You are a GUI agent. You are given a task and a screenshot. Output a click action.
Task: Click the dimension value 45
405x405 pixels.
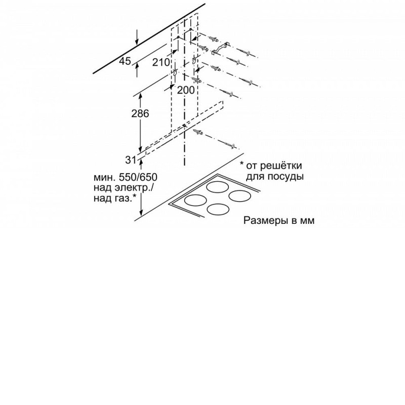click(125, 61)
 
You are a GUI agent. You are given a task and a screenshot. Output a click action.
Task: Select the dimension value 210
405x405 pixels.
click(161, 62)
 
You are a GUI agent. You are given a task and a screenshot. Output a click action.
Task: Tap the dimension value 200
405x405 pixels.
click(186, 90)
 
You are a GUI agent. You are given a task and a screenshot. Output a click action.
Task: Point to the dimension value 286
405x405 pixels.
click(140, 113)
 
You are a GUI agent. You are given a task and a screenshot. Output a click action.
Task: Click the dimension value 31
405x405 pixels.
click(131, 160)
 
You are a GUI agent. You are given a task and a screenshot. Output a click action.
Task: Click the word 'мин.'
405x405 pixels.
click(104, 178)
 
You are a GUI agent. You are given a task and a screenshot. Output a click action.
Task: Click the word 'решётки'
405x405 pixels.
click(281, 166)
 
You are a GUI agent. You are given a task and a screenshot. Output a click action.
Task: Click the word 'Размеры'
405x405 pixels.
click(264, 221)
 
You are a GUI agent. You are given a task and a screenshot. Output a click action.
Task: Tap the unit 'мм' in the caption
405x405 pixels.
click(307, 221)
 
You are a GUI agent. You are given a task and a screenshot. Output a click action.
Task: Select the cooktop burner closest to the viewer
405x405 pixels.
click(218, 210)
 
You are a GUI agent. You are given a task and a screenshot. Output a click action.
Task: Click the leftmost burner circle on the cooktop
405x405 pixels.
click(195, 200)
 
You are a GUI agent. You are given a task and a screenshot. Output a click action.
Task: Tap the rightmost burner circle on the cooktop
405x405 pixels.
click(239, 196)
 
